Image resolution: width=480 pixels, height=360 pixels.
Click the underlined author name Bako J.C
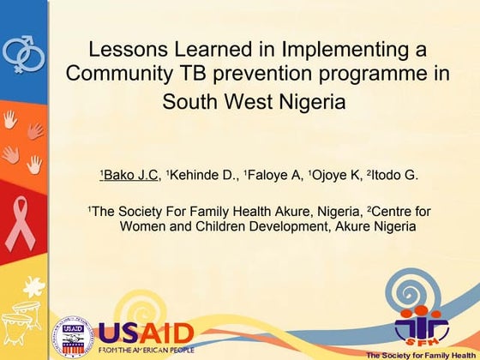129,176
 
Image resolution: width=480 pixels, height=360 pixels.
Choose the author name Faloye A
273,176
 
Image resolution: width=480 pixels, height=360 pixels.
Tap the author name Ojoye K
337,176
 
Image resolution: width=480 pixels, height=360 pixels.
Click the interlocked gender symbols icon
22,53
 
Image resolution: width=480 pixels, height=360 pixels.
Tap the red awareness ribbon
21,225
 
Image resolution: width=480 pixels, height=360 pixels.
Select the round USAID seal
72,336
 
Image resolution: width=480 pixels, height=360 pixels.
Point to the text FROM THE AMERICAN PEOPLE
145,351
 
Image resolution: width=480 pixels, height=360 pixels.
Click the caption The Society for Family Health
420,354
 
